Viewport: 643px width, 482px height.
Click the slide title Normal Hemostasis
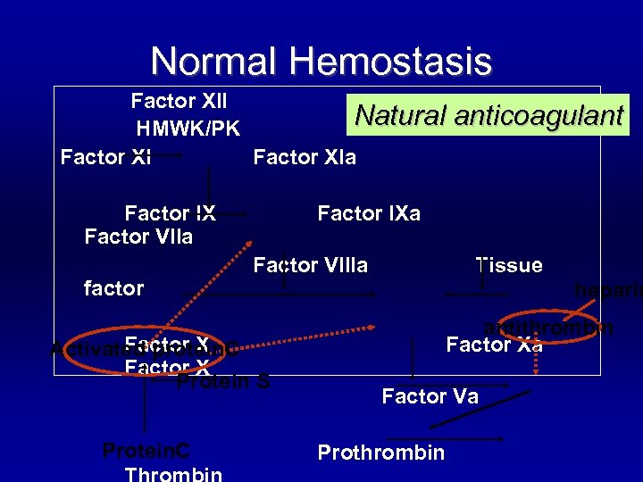tap(321, 61)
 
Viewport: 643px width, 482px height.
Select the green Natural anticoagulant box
tap(489, 114)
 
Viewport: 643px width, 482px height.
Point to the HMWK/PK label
tap(188, 129)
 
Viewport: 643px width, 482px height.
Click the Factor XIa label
tap(305, 158)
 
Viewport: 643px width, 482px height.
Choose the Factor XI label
tap(105, 158)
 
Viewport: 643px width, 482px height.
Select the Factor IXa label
tap(369, 213)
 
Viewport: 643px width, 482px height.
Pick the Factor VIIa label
tap(138, 237)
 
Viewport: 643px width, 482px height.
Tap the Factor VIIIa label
tap(311, 265)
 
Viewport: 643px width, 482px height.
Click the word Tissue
tap(509, 265)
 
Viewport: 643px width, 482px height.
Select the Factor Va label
tap(430, 396)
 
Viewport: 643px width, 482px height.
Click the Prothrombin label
tap(380, 453)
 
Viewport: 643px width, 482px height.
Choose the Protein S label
tap(223, 382)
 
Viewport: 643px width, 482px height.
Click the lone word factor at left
tap(113, 288)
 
